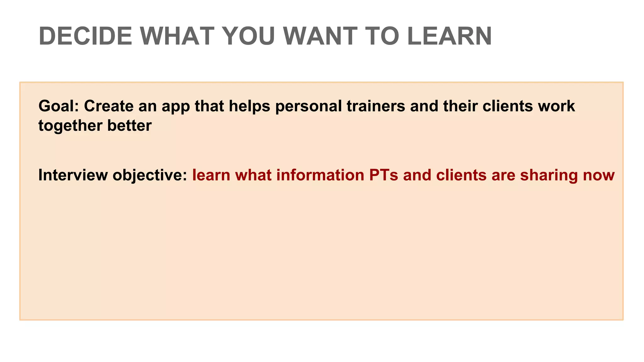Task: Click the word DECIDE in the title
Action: pyautogui.click(x=86, y=36)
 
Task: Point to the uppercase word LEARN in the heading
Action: pyautogui.click(x=449, y=36)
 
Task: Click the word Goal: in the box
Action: pyautogui.click(x=58, y=106)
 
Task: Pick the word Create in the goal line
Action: pyautogui.click(x=109, y=106)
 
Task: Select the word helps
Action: pyautogui.click(x=249, y=106)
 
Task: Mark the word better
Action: pyautogui.click(x=130, y=125)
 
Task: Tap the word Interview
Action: pyautogui.click(x=73, y=175)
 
